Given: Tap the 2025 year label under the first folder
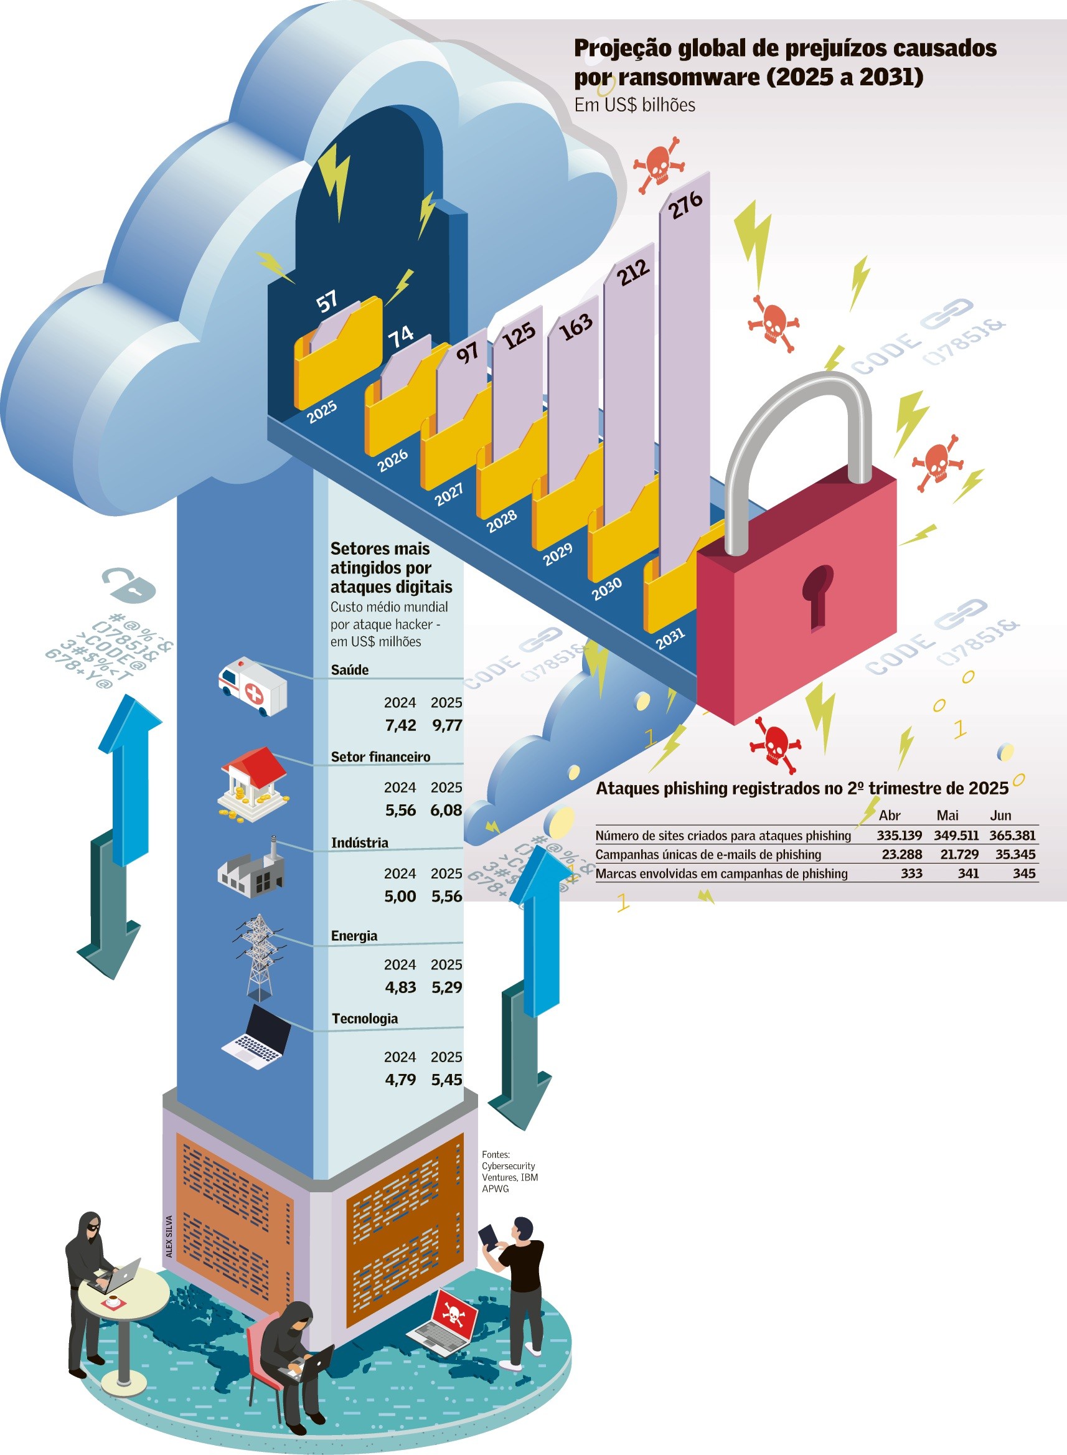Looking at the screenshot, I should [x=322, y=412].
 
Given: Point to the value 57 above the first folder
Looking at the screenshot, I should [x=327, y=301].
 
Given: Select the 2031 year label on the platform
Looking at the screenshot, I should [x=670, y=638].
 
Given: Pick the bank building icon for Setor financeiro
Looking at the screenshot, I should [x=254, y=782].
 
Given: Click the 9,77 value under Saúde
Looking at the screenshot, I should [x=447, y=725].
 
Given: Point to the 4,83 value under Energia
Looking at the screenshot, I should [x=400, y=987].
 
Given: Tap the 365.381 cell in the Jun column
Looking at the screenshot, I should [x=1012, y=835].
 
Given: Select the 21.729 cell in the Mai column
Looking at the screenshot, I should [x=956, y=854].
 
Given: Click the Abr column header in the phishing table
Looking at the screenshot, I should [x=890, y=815].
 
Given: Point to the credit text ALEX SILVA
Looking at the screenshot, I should [x=169, y=1236].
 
